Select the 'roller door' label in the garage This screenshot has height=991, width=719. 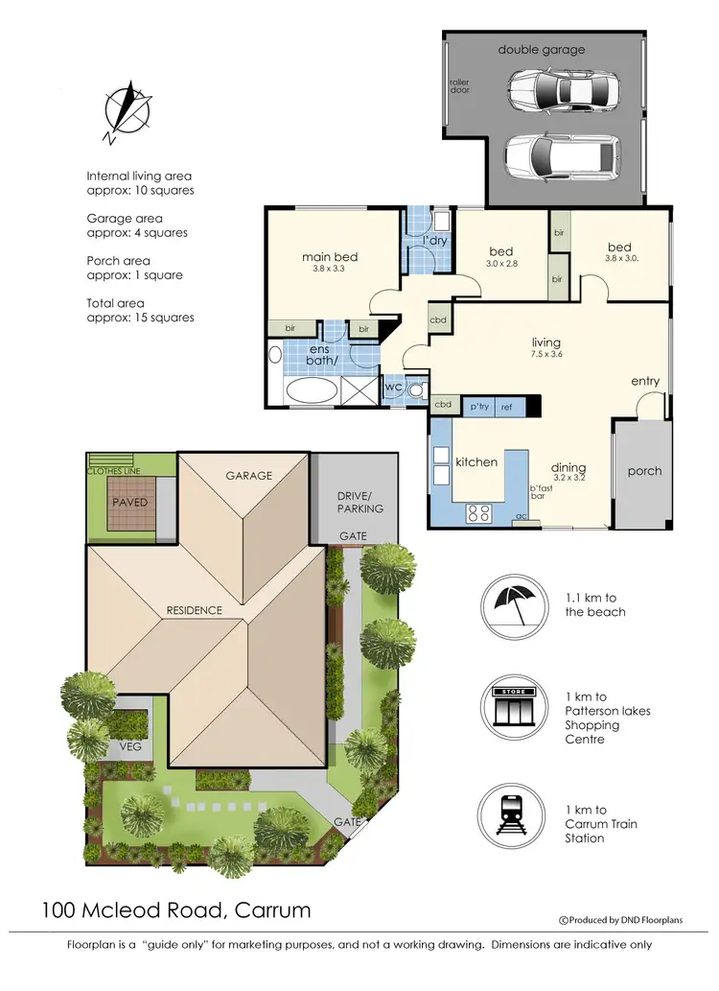[460, 87]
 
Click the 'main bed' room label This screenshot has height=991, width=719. [329, 256]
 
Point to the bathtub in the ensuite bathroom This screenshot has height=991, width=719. [312, 391]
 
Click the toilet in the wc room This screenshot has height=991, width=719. [416, 390]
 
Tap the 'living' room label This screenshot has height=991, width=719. [546, 342]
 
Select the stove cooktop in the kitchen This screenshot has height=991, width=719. [477, 512]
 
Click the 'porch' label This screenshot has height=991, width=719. [644, 471]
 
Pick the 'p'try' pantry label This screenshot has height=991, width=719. [479, 407]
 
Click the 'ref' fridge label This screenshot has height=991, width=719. [508, 407]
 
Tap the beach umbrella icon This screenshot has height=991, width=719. [515, 604]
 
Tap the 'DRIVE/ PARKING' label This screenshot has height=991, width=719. [359, 502]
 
